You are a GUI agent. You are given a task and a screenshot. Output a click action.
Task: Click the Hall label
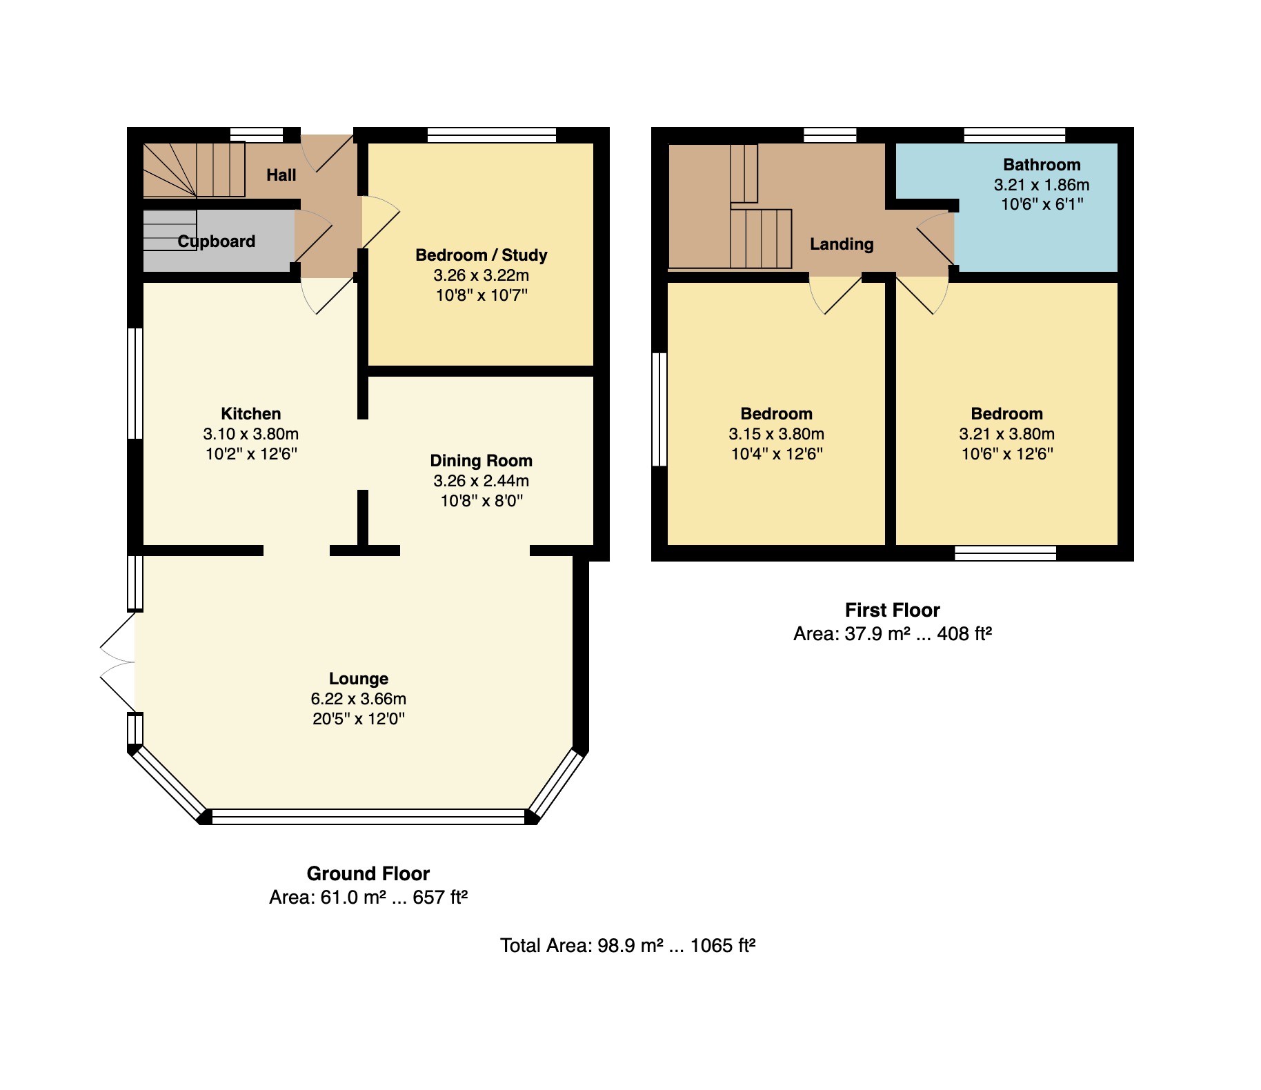pos(281,175)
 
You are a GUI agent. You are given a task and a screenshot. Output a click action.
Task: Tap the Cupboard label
pos(217,241)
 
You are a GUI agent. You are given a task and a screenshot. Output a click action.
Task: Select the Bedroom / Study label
pos(481,255)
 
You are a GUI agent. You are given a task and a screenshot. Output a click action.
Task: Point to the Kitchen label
pos(251,414)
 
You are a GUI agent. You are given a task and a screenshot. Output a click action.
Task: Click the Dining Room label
pos(481,461)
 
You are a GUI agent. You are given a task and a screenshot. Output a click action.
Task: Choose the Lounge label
pos(359,679)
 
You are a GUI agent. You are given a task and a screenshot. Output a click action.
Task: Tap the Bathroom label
pos(1042,165)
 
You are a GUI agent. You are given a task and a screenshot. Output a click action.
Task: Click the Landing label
pos(842,244)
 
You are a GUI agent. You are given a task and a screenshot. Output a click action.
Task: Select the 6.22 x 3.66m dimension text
pos(359,699)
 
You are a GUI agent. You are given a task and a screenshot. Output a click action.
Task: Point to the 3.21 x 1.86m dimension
pos(1042,185)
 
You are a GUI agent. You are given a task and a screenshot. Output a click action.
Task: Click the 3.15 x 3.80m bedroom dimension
pos(777,434)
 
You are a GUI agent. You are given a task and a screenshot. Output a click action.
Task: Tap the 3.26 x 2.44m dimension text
pos(481,481)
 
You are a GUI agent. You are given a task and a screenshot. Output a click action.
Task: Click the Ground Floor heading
pos(368,874)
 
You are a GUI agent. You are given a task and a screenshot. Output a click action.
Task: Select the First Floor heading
pos(893,611)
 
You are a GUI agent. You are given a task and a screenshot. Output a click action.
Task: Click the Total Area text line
pos(628,945)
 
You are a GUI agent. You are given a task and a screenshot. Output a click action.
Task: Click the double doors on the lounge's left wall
pos(118,662)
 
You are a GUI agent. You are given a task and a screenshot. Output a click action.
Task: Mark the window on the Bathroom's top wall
pos(1015,135)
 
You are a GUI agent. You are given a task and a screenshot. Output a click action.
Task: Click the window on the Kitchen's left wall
pos(135,384)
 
